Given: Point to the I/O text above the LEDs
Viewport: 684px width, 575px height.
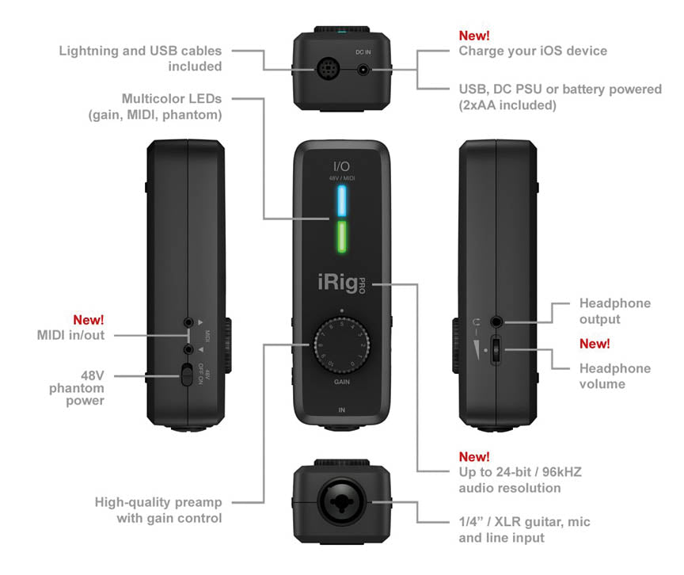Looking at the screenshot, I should tap(341, 166).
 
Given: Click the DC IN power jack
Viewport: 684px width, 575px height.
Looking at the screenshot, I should tap(363, 69).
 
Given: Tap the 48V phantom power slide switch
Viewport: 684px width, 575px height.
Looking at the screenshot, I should tap(187, 374).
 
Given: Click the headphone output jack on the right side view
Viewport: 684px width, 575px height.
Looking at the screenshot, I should tap(496, 322).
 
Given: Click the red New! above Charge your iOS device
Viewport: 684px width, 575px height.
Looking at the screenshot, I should tap(474, 36).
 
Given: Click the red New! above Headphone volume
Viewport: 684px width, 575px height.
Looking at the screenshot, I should tap(595, 344).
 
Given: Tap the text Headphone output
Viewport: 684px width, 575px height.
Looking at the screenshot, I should tap(614, 311).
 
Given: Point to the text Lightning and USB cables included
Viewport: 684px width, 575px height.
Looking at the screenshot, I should tap(140, 59).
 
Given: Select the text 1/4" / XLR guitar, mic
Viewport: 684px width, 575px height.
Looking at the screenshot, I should tap(524, 522).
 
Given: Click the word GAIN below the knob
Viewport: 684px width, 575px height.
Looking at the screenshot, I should tap(341, 381).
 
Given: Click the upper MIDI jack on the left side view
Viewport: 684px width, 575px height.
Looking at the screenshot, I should tap(188, 323).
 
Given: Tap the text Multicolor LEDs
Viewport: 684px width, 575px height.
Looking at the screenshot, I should tap(171, 99).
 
